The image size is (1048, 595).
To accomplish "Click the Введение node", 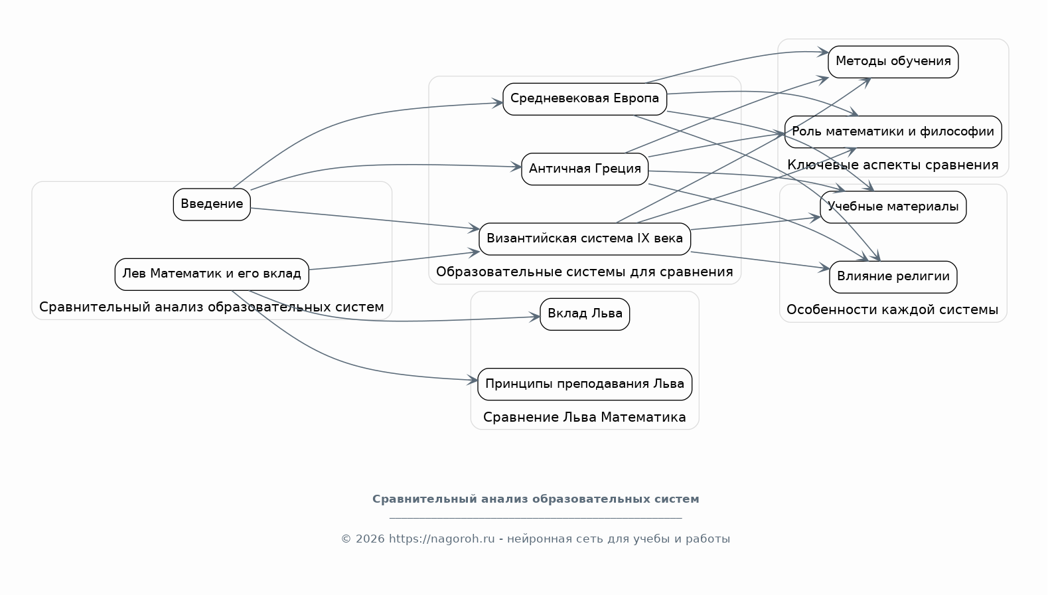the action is coord(212,204).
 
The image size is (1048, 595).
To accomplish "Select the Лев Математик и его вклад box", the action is coord(212,274).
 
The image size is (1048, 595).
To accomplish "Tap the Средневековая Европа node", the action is coord(584,99).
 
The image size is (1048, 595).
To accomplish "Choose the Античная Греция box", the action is coord(584,169).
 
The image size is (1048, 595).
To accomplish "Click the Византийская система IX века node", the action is coord(584,239).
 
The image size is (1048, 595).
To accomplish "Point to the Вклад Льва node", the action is coord(584,314).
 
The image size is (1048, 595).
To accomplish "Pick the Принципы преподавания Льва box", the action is coord(584,384).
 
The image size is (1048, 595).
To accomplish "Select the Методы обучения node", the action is coord(893,62).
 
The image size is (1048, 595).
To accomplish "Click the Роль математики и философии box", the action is coord(893,131).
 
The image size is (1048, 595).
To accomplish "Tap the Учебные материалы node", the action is coord(893,207).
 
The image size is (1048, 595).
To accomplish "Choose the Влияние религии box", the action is coord(893,277).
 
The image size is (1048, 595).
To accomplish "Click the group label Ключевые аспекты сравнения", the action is coord(893,165).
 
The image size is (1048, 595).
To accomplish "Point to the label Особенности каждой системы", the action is coord(892,309).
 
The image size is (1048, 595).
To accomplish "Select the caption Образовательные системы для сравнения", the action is coord(584,272).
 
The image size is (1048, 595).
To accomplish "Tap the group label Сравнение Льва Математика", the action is coord(584,417).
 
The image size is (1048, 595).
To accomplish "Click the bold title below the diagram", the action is coord(536,499).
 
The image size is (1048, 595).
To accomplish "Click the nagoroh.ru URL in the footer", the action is coord(441,539).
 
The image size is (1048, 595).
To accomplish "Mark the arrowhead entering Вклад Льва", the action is coord(535,317).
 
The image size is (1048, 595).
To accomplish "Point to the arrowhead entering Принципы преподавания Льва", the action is coord(472,380).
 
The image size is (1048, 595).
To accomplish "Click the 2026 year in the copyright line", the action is coord(370,539).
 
